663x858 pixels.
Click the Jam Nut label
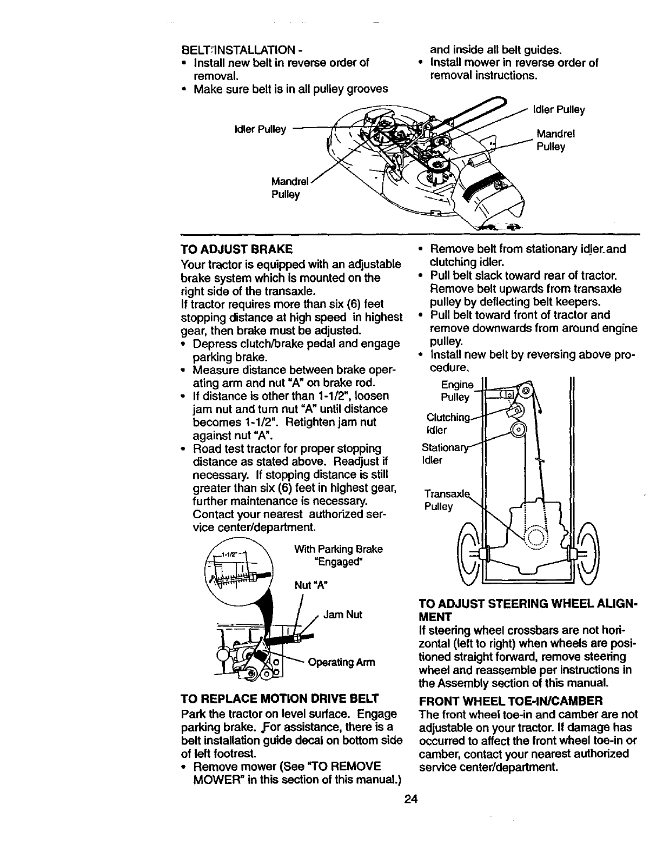(x=342, y=615)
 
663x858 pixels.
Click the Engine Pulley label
(x=455, y=391)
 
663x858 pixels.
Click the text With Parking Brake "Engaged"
(x=338, y=555)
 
